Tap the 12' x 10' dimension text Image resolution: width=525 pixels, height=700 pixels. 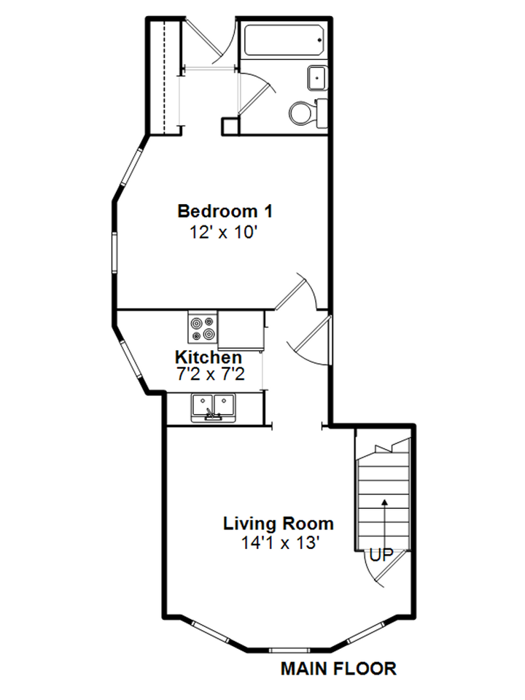point(225,233)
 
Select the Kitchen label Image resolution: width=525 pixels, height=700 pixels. point(209,358)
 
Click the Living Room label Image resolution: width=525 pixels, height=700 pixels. point(279,524)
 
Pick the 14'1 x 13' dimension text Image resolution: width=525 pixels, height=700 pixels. point(281,542)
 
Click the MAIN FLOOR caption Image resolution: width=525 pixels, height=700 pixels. point(338,668)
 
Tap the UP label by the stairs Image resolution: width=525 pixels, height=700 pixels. point(381,555)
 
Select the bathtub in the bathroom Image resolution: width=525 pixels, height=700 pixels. point(284,40)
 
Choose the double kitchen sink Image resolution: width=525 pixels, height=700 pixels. point(213,406)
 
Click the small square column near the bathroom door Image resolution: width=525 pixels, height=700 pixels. point(230,125)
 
